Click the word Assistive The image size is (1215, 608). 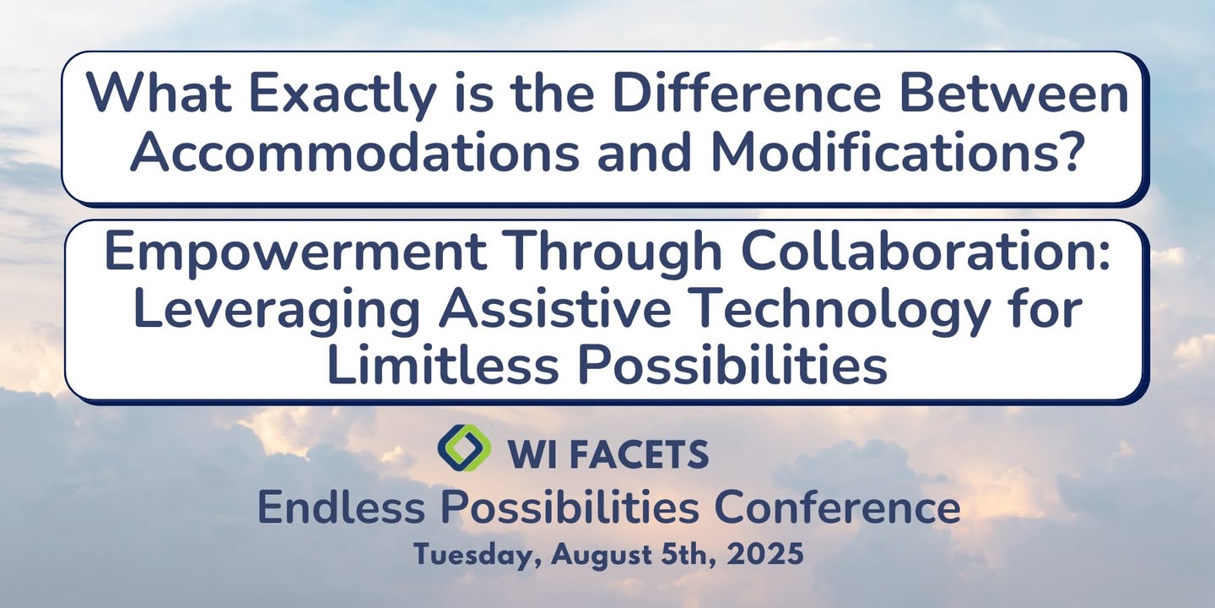(555, 307)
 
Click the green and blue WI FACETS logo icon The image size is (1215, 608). (464, 448)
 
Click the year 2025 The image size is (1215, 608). (765, 554)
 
